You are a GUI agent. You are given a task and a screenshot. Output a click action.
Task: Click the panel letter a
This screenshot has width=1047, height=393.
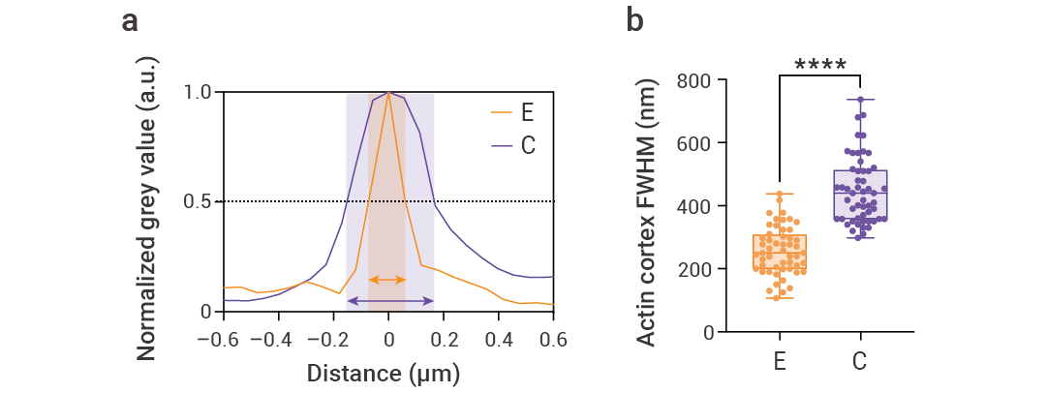(x=129, y=20)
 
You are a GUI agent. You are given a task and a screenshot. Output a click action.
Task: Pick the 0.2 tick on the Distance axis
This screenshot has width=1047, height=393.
(x=444, y=340)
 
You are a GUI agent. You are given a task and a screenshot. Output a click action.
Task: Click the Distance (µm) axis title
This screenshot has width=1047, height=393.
(x=383, y=373)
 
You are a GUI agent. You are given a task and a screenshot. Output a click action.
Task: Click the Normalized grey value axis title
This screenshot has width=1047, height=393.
(x=147, y=208)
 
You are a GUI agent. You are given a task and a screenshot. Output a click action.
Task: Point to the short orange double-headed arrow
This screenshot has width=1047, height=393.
(x=387, y=280)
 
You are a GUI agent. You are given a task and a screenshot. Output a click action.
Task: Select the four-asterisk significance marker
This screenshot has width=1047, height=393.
(x=820, y=66)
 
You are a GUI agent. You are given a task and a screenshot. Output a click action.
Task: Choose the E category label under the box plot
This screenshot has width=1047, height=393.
(x=780, y=362)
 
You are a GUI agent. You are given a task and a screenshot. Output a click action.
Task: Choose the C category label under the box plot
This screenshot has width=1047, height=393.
(x=859, y=362)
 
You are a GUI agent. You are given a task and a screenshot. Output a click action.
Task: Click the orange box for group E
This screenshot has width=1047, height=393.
(x=780, y=254)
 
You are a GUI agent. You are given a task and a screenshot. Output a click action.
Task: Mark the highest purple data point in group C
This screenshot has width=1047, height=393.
(x=860, y=100)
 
